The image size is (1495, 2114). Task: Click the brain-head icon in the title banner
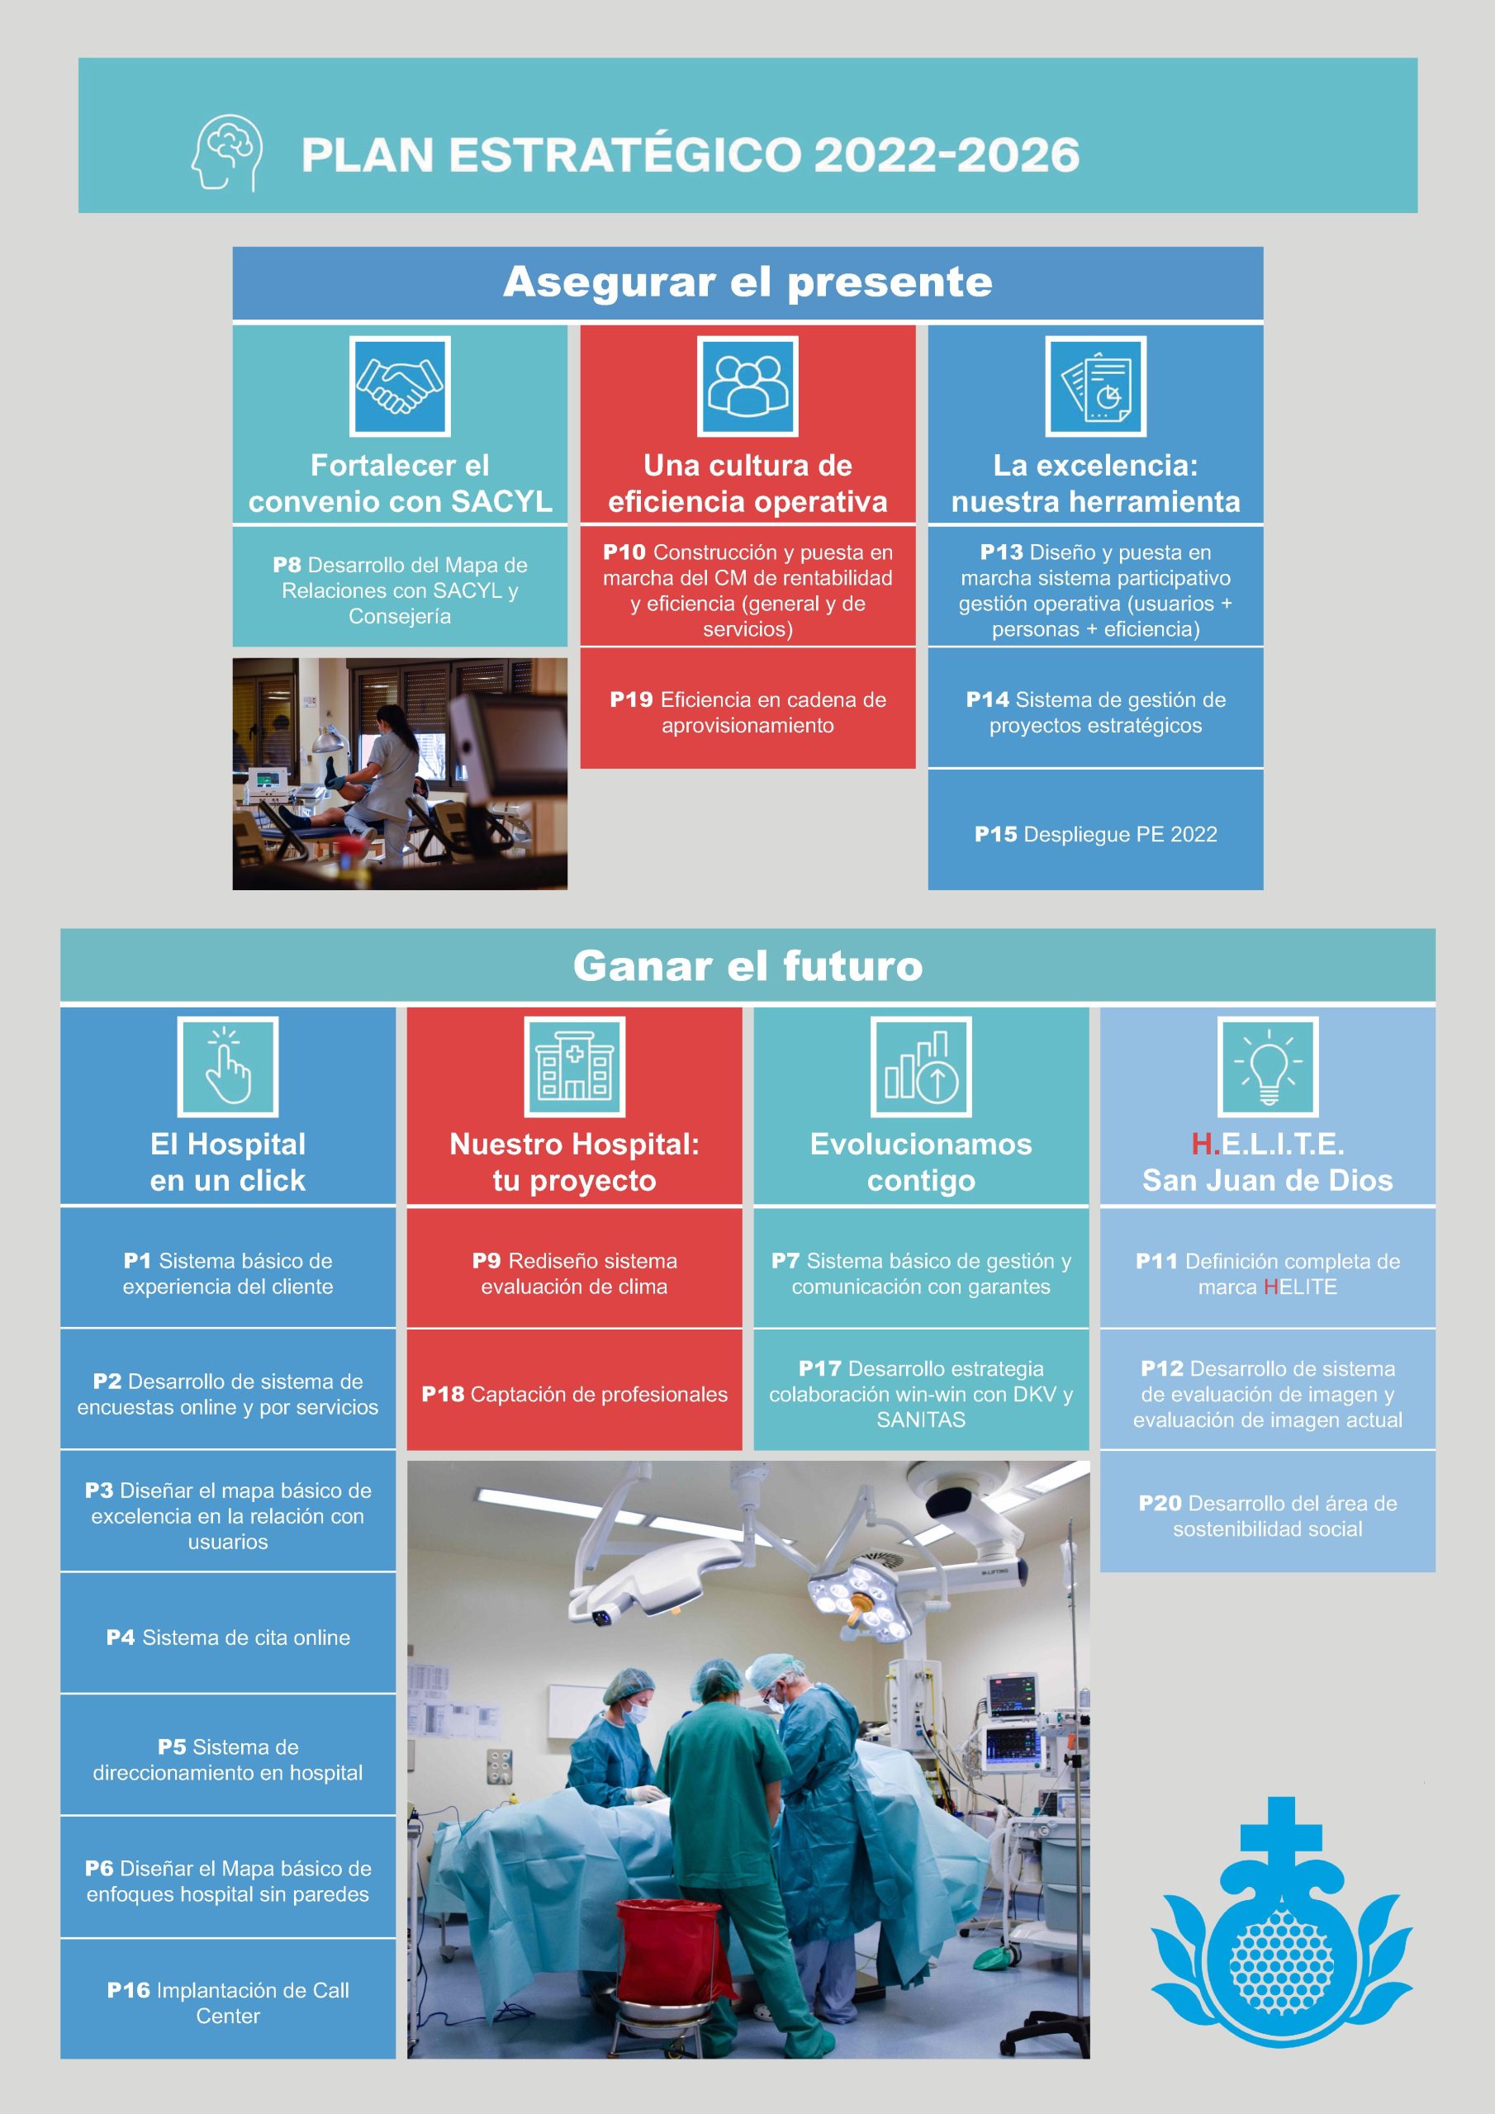(x=226, y=153)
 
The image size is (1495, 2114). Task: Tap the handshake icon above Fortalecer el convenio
(x=400, y=386)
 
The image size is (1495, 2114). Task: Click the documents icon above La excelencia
(x=1095, y=386)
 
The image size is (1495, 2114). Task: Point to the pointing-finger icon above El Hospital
(x=227, y=1066)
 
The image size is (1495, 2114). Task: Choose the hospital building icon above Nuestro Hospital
(x=574, y=1066)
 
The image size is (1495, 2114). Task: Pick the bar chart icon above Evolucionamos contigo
(x=921, y=1066)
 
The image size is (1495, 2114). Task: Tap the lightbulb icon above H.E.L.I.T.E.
(x=1268, y=1066)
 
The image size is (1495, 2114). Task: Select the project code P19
(x=631, y=699)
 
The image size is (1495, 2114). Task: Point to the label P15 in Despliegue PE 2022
(x=996, y=834)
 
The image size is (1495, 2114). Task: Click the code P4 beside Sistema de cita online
(x=121, y=1637)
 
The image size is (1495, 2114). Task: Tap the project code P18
(x=443, y=1394)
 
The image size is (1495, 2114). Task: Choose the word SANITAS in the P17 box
(x=921, y=1420)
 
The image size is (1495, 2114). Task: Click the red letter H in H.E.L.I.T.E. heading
(x=1201, y=1144)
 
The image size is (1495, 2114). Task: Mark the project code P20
(x=1160, y=1503)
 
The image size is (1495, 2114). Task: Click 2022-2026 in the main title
(x=947, y=154)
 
